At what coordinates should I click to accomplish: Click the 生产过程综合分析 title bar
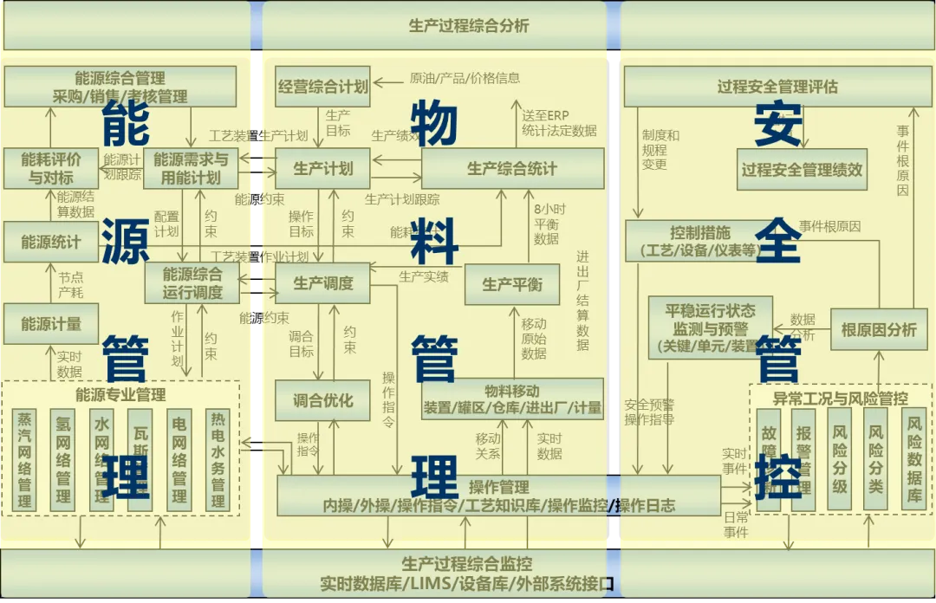click(468, 26)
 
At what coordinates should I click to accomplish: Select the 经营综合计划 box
click(322, 86)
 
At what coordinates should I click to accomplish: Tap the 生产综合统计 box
click(511, 168)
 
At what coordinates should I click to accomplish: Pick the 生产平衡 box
click(511, 284)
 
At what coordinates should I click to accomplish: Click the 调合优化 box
click(322, 400)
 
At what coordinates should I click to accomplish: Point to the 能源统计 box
click(51, 242)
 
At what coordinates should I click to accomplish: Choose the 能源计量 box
click(51, 324)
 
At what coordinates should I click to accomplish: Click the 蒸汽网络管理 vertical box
click(24, 459)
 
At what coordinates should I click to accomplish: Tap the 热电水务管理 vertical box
click(218, 459)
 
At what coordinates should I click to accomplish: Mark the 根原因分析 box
click(878, 329)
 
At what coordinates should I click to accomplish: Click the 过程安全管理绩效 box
click(802, 169)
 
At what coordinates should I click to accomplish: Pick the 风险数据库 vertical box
click(914, 459)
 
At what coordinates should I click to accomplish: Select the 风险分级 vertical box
click(840, 459)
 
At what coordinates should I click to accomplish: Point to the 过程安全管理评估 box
click(777, 87)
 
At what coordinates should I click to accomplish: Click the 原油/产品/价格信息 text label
click(465, 78)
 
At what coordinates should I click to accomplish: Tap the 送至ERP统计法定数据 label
click(559, 123)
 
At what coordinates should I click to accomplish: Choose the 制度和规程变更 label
click(660, 149)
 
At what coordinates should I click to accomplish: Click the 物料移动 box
click(511, 399)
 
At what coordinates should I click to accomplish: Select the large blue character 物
click(432, 122)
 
